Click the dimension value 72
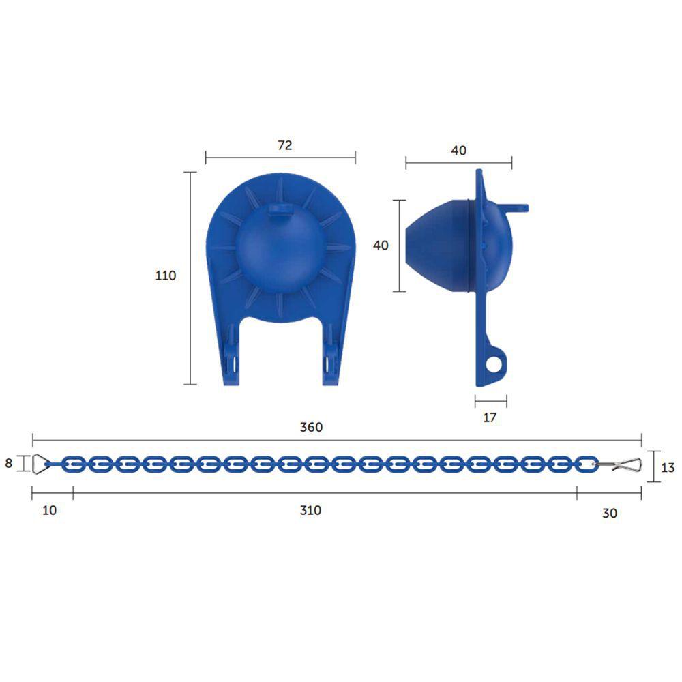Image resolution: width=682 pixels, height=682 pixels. coord(285,145)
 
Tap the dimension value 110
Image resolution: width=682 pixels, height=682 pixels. coord(166,276)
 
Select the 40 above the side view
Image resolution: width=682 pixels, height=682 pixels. coord(459,151)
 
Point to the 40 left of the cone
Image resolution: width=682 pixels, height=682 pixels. coord(381,245)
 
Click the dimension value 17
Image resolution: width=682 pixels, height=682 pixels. coord(490,417)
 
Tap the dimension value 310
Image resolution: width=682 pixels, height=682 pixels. coord(310,510)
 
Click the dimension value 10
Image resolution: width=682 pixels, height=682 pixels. coord(50,511)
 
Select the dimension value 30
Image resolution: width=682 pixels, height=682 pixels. coord(610,513)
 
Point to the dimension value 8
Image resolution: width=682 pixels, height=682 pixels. coord(9,464)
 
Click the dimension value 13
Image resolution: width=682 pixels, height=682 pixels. coord(668,468)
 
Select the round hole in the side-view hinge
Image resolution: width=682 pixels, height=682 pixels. coord(492,365)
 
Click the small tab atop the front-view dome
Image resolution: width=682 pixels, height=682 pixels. coord(279,211)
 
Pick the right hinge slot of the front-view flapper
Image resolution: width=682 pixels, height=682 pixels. coord(331,358)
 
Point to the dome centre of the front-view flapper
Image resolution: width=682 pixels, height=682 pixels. coord(280,249)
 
